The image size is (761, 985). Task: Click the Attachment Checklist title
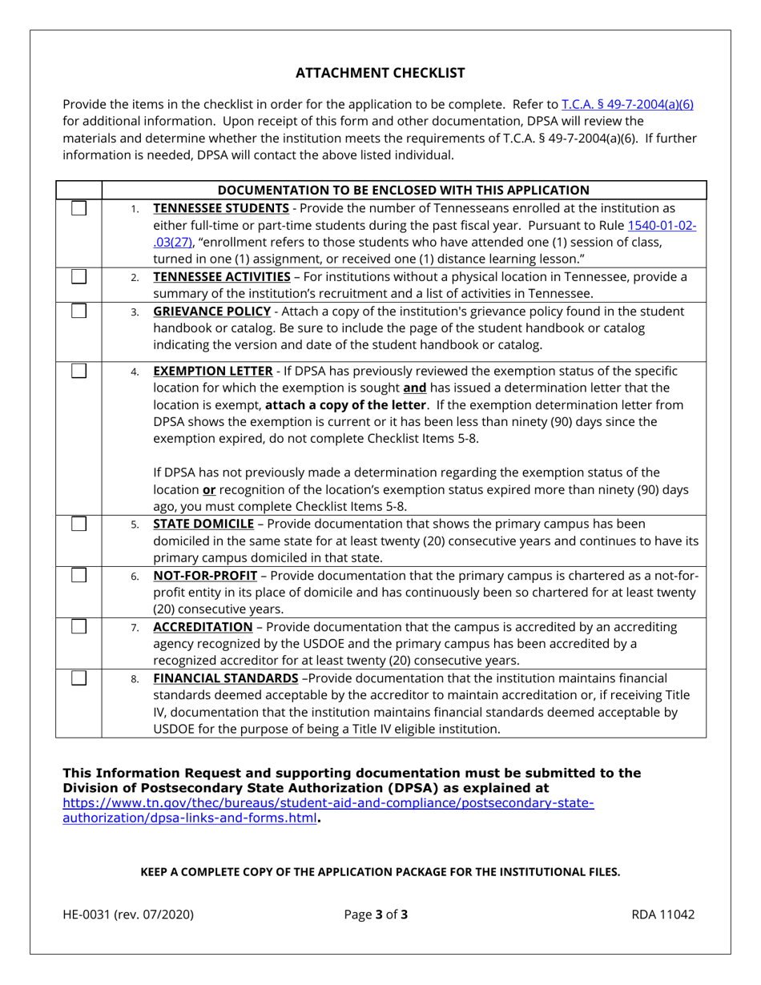click(x=380, y=73)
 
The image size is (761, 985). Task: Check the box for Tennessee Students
click(x=79, y=209)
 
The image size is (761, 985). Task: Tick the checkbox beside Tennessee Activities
click(x=79, y=277)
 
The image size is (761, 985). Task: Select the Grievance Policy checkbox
click(x=79, y=312)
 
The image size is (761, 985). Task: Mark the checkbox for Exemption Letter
click(x=79, y=372)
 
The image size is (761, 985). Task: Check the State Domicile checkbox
click(x=79, y=525)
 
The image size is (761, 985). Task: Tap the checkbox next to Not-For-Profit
click(x=79, y=577)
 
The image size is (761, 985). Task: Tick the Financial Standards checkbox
click(x=79, y=679)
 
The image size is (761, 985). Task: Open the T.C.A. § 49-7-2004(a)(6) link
click(x=627, y=104)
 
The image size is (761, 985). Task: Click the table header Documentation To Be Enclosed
click(x=404, y=190)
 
